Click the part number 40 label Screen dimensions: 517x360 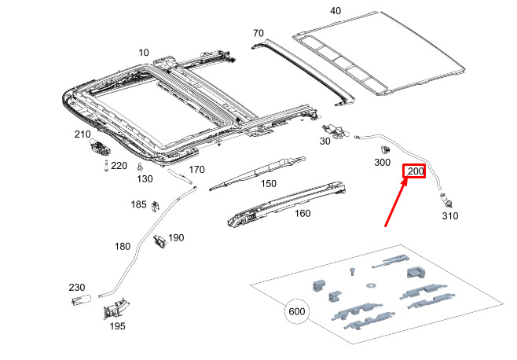[x=335, y=11]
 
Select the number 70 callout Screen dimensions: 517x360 [x=258, y=33]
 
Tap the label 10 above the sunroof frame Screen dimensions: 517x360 [x=144, y=53]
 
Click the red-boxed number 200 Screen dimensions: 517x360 [x=416, y=171]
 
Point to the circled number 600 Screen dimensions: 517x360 [x=297, y=311]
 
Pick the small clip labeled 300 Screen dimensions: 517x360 [x=386, y=149]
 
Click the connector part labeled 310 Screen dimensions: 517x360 [x=445, y=200]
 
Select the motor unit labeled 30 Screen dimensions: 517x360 [x=335, y=131]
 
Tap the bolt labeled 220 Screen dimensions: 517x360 [x=106, y=166]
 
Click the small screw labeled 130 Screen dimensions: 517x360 [x=140, y=167]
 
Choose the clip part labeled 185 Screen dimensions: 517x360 [x=155, y=207]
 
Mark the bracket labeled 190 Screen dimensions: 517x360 [x=160, y=241]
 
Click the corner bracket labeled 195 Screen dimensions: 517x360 [x=115, y=309]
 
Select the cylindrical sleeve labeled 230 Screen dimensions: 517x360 [x=81, y=300]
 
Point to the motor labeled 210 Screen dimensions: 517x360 [x=99, y=147]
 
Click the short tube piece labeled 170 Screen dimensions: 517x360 [x=179, y=175]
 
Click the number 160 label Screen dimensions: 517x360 [x=302, y=214]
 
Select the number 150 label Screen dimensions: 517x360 [x=269, y=183]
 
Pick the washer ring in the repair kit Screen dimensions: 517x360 [x=372, y=285]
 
